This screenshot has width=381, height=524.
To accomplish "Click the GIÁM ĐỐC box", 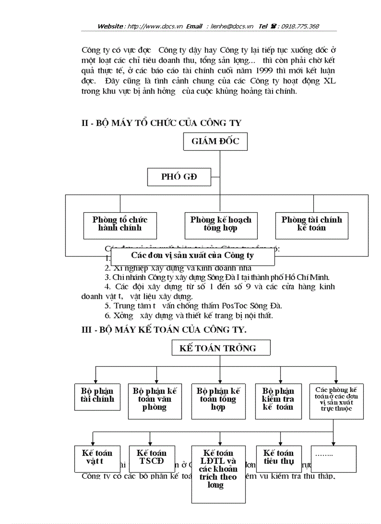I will [215, 141].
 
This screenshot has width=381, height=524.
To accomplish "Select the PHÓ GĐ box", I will [179, 177].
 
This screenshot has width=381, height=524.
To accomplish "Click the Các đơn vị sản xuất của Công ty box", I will [192, 256].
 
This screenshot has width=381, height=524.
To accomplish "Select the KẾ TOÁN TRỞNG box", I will [218, 348].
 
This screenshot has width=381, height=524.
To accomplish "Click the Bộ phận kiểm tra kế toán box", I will [278, 399].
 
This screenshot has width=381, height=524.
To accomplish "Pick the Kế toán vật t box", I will [97, 458].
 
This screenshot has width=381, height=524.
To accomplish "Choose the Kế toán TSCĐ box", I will [151, 458].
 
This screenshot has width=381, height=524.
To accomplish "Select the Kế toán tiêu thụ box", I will [278, 458].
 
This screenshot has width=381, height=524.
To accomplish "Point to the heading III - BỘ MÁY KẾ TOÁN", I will [164, 329].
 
